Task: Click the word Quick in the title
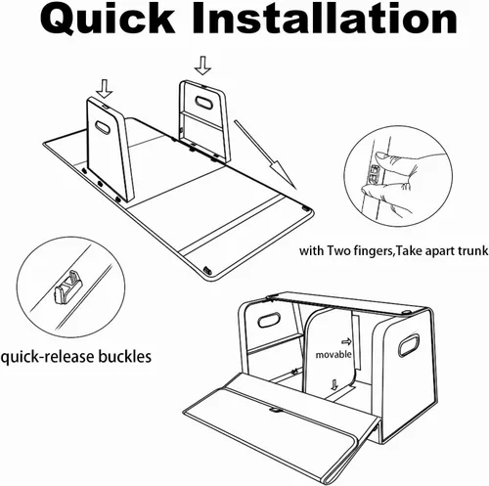108,20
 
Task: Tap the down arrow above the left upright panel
105,89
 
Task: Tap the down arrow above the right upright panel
202,66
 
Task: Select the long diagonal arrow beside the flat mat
265,154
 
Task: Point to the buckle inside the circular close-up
68,287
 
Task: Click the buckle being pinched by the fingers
374,173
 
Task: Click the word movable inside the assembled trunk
333,355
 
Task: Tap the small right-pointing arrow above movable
346,342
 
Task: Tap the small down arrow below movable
333,384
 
